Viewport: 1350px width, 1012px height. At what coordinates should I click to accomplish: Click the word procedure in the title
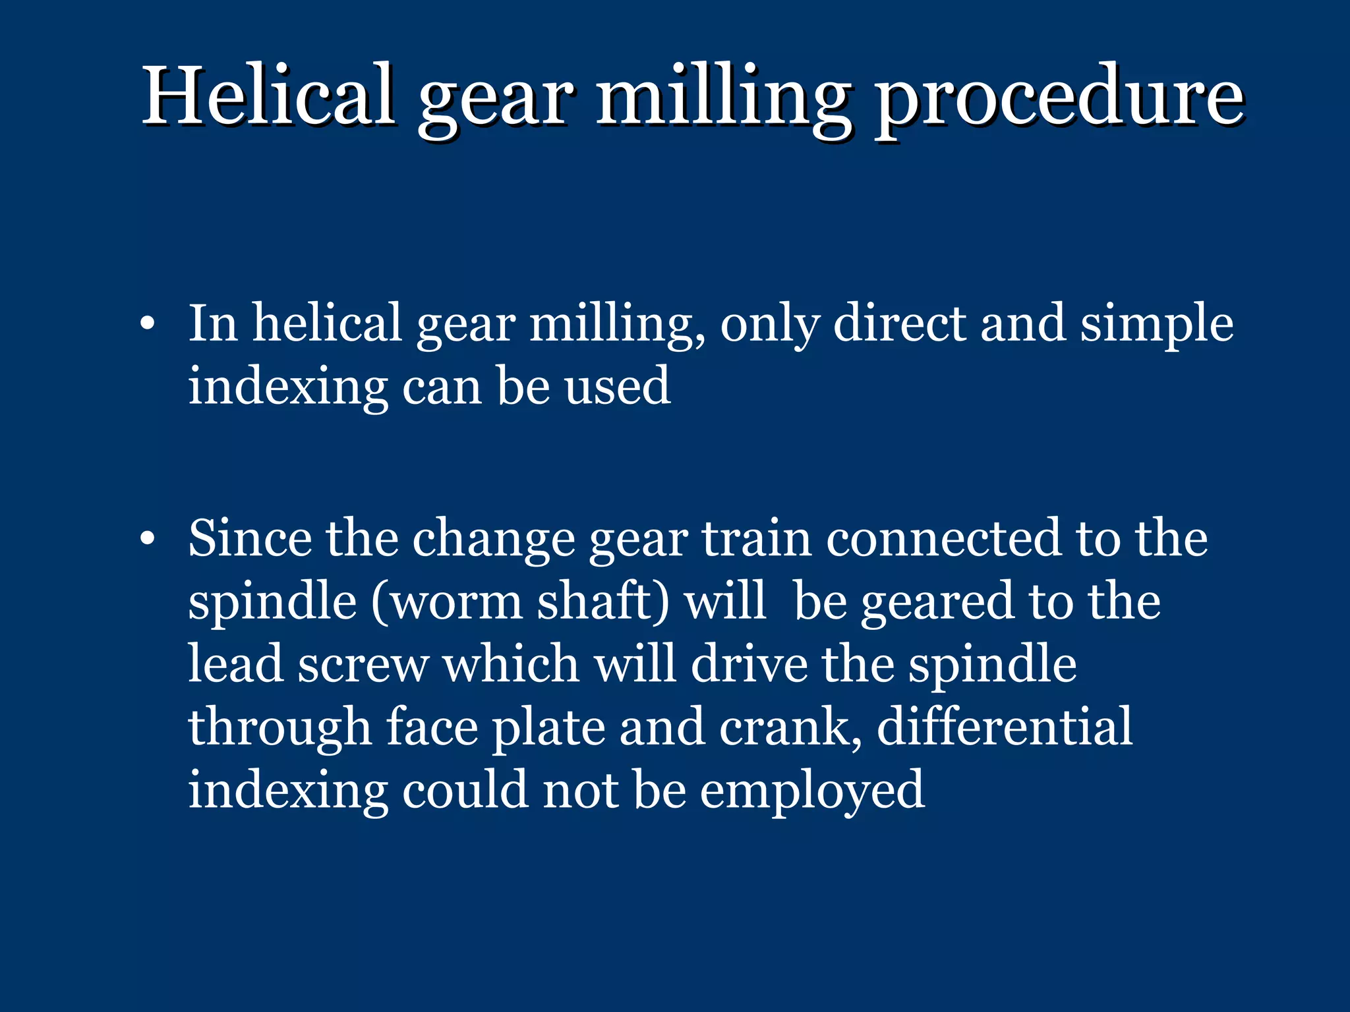[1059, 99]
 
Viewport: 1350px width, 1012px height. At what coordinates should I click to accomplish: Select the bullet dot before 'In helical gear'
[148, 324]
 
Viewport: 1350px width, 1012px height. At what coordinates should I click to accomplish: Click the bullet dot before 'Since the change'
[148, 539]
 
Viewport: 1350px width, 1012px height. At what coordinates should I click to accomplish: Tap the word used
[618, 386]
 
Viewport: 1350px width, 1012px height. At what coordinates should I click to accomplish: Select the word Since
[249, 538]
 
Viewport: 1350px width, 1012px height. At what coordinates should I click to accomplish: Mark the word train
[755, 538]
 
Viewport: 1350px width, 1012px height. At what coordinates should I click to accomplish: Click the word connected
[944, 538]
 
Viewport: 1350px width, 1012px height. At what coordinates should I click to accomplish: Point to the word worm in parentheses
[455, 602]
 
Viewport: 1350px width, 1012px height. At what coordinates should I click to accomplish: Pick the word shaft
[602, 601]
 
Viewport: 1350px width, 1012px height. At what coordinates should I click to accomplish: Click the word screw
[363, 664]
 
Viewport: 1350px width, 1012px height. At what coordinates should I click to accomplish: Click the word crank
[790, 727]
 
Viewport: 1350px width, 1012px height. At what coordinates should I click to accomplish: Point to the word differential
[1005, 726]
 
